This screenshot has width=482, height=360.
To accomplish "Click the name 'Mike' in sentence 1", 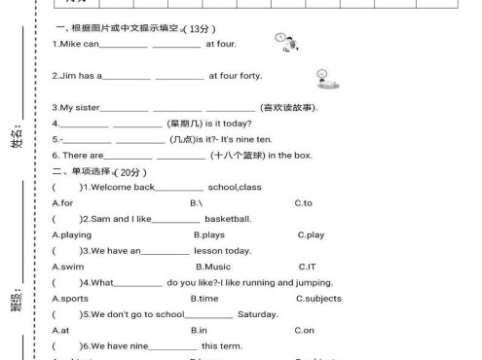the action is click(72, 45).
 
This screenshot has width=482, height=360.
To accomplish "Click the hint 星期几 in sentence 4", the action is click(182, 123).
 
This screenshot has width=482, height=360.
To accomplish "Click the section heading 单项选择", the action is click(92, 171).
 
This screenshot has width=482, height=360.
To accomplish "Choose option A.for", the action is click(62, 202).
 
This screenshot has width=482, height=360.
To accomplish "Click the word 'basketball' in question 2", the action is click(228, 219).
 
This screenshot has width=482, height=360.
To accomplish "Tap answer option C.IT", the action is click(307, 267).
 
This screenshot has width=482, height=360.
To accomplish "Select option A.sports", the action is click(69, 299).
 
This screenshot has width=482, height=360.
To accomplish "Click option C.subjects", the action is click(316, 299).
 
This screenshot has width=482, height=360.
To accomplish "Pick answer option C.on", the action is click(304, 331).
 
